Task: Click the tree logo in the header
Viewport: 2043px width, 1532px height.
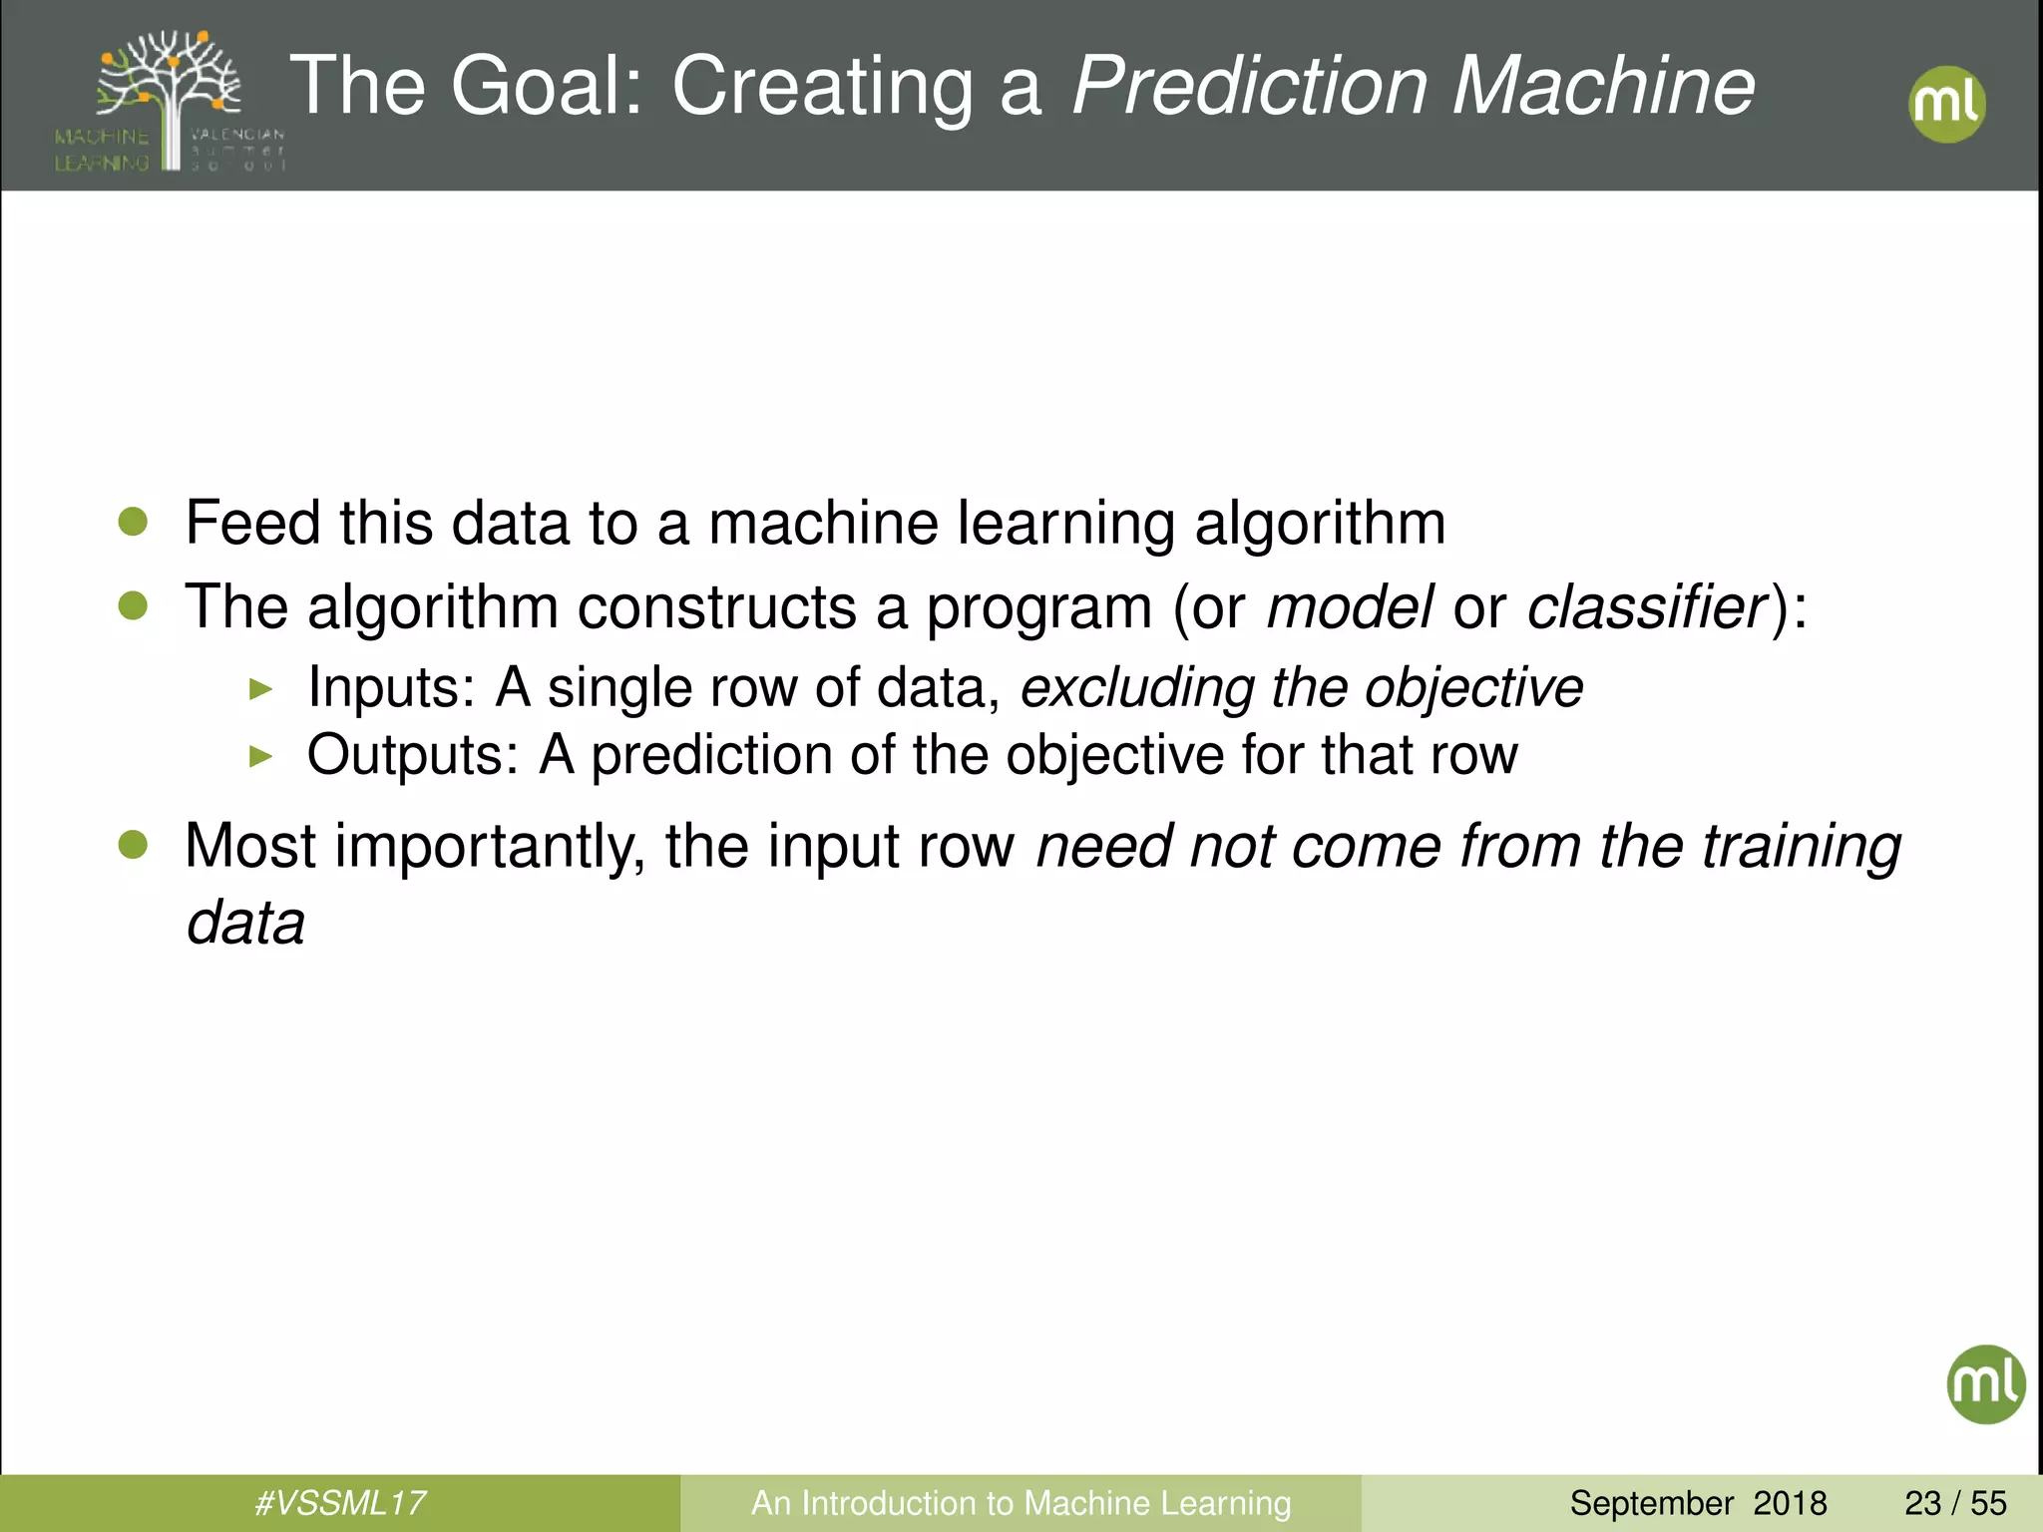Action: pyautogui.click(x=170, y=100)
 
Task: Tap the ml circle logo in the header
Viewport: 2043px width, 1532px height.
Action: pyautogui.click(x=1946, y=104)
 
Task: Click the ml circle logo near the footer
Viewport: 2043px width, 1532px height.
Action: pyautogui.click(x=1985, y=1383)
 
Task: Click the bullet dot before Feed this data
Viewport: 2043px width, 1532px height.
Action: pyautogui.click(x=133, y=521)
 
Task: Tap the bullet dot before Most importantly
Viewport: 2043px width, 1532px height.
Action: pyautogui.click(x=133, y=845)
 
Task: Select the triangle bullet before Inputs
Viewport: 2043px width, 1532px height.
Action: pyautogui.click(x=260, y=688)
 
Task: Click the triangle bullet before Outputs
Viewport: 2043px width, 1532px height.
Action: pyautogui.click(x=260, y=756)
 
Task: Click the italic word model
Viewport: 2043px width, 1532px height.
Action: pyautogui.click(x=1349, y=606)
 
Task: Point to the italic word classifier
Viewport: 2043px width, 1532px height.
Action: pyautogui.click(x=1647, y=606)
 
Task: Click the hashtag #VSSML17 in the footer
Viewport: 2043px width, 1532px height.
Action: pyautogui.click(x=340, y=1503)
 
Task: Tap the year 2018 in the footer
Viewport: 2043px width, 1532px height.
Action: pyautogui.click(x=1790, y=1503)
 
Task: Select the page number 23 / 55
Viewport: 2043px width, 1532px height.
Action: pyautogui.click(x=1955, y=1503)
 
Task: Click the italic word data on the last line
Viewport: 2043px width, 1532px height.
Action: pyautogui.click(x=245, y=923)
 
